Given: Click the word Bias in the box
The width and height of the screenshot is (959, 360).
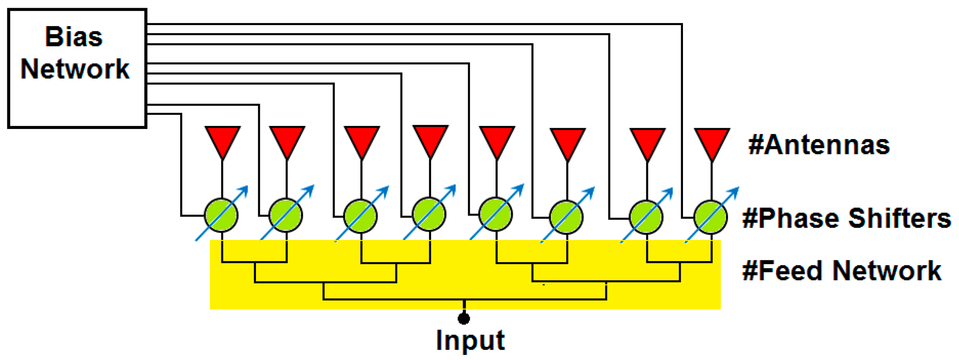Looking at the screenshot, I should (x=74, y=37).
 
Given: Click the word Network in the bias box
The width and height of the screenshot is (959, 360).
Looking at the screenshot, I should (x=75, y=69).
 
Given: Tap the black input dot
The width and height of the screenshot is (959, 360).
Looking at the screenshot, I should (x=464, y=318).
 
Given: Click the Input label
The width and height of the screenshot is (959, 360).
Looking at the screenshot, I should (x=470, y=340).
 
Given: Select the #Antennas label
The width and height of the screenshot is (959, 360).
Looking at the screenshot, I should (x=819, y=145).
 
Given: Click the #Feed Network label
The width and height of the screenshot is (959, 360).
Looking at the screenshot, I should (x=842, y=271).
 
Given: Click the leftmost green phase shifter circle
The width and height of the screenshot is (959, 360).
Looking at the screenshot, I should (x=221, y=215).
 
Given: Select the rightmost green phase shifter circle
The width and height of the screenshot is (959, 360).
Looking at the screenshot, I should (x=711, y=218).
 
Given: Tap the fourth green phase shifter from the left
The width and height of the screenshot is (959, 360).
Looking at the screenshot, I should (x=429, y=214).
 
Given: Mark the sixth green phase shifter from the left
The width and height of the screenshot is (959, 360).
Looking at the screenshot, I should (x=566, y=218).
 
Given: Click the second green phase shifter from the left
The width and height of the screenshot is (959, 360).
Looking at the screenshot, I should (x=286, y=215).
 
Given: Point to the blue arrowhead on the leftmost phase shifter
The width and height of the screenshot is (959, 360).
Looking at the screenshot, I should (x=244, y=189).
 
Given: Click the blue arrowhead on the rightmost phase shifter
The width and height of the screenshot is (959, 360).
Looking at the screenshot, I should (x=735, y=191).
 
